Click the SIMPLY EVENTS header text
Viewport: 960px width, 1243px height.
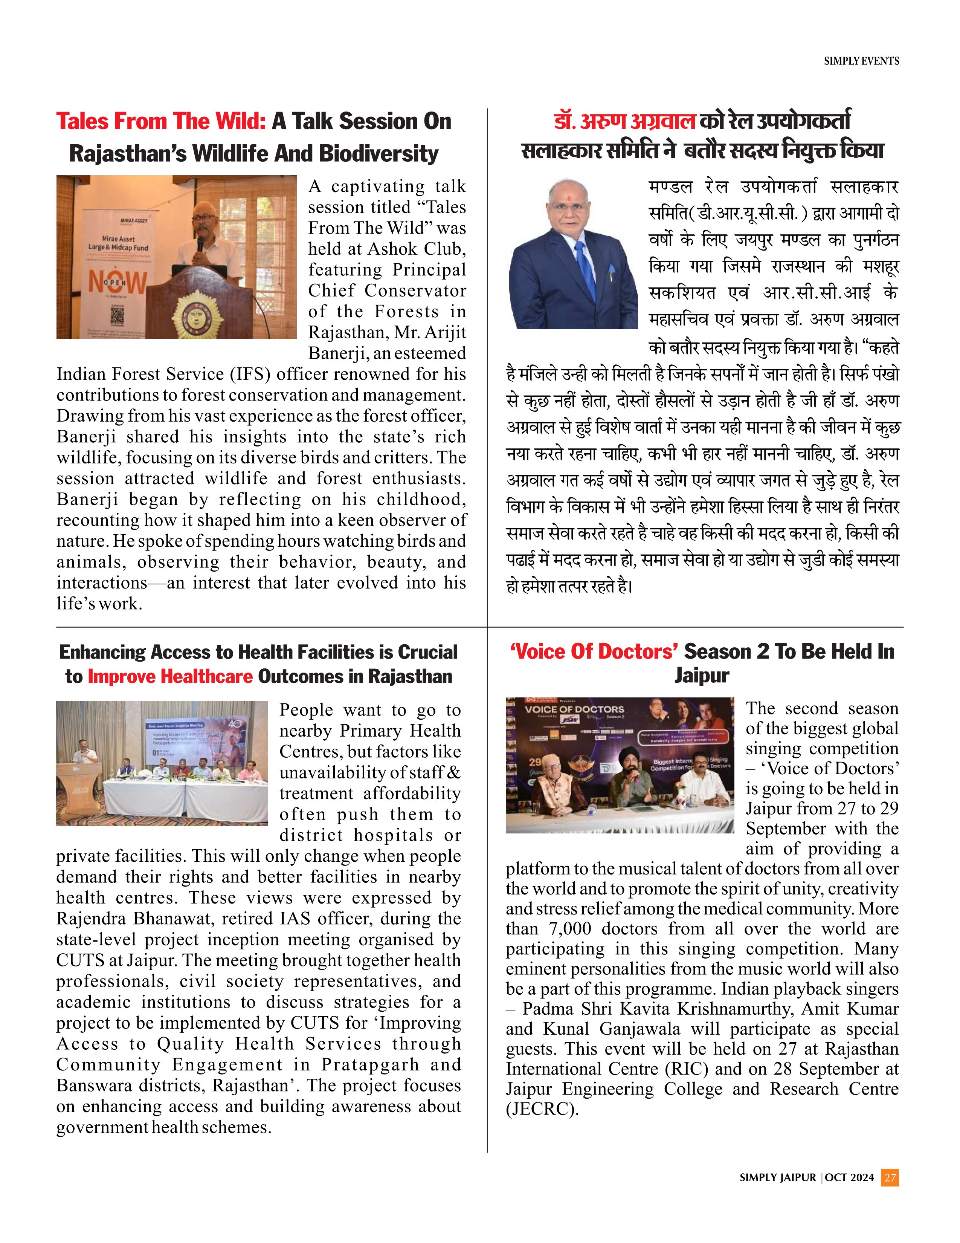pos(861,61)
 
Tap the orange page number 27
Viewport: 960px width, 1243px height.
pos(890,1177)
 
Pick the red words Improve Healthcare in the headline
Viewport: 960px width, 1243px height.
pos(170,676)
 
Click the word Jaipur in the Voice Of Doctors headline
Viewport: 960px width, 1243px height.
pos(702,676)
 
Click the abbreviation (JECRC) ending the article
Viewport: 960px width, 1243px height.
pos(542,1109)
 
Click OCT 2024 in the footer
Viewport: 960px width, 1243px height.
pos(849,1177)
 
